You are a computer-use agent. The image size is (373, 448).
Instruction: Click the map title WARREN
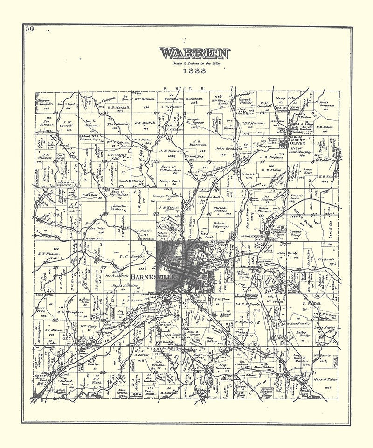(195, 53)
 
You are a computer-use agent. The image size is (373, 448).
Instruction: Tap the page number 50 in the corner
(30, 29)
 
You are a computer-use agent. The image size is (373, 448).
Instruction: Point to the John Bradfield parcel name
(227, 149)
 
